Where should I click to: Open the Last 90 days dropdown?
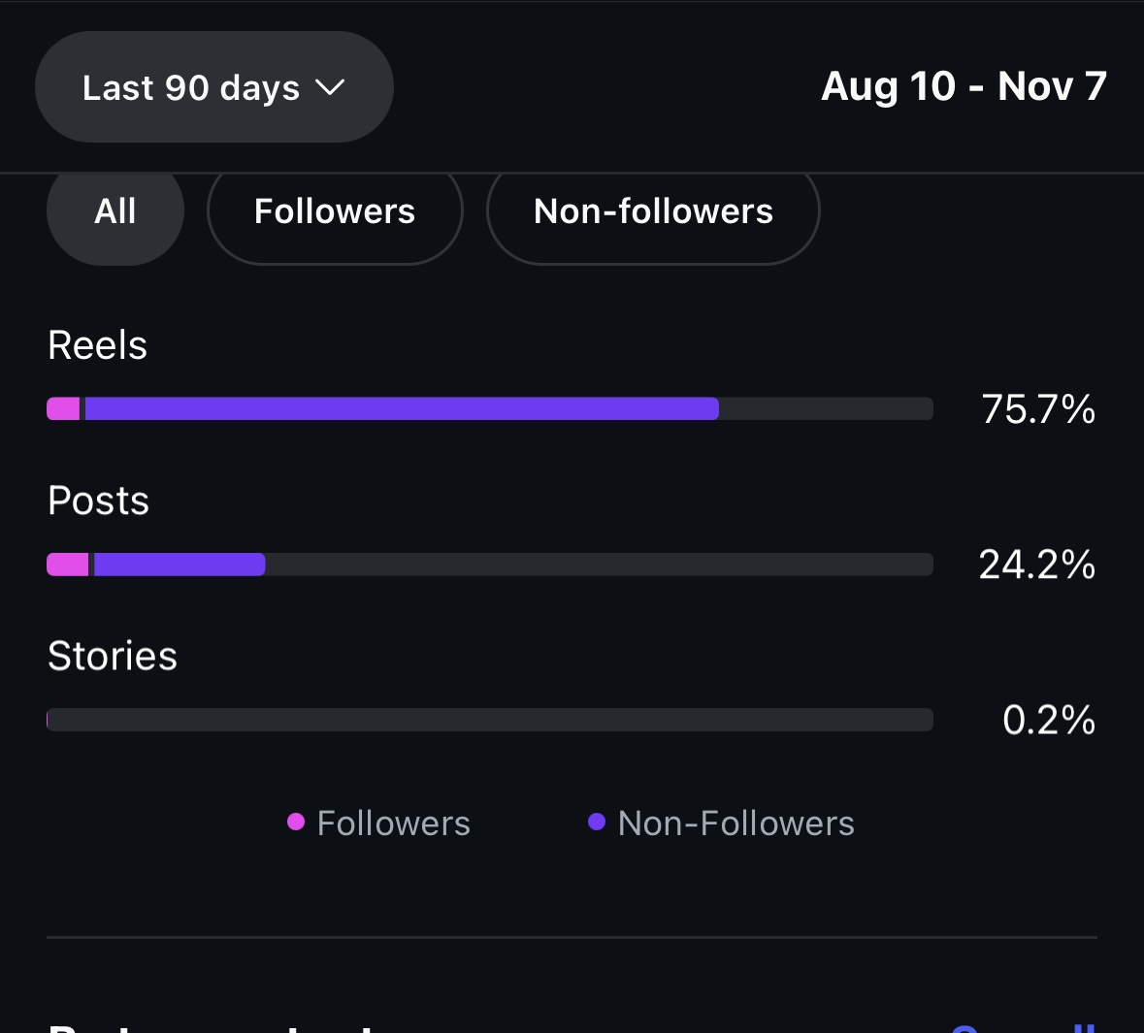(213, 87)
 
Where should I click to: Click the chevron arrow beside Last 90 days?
(330, 87)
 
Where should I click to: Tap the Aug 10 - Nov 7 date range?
(964, 86)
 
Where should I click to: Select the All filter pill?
(115, 211)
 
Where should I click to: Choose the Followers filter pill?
(335, 211)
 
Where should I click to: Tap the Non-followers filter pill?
(653, 211)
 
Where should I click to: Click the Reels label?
(98, 345)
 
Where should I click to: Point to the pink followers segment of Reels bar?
(64, 408)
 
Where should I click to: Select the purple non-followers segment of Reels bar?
(402, 408)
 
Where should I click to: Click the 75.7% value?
(1038, 409)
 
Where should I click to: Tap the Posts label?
(99, 501)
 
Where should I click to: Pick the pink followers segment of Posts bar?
(68, 564)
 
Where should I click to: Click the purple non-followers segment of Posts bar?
(180, 564)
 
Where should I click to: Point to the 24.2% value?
(1036, 565)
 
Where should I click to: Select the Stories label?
(113, 657)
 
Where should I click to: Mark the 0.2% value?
(1049, 720)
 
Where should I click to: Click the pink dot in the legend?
(296, 823)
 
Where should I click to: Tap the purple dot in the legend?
(597, 823)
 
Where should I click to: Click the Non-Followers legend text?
(735, 823)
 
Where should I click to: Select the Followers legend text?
(393, 823)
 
